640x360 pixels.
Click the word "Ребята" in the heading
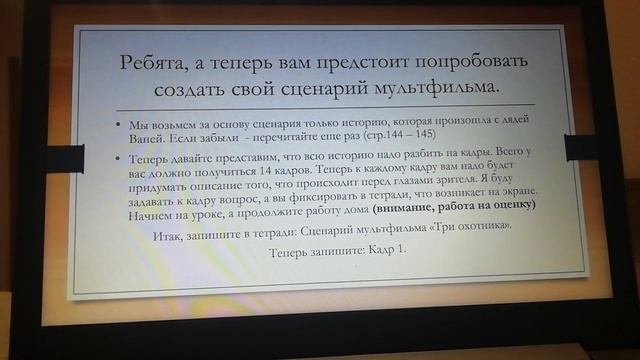[x=158, y=62]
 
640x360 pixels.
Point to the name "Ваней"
[x=150, y=135]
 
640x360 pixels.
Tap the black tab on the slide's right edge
[x=579, y=147]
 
